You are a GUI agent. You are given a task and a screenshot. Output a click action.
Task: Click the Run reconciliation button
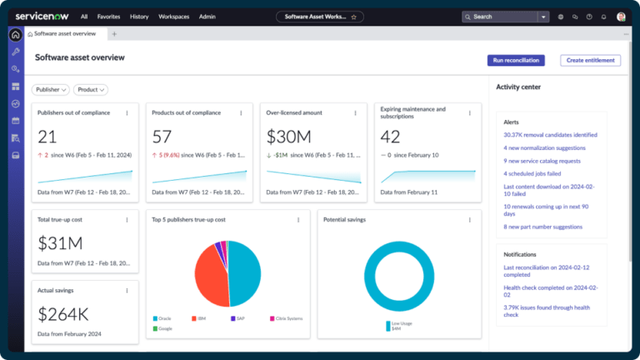(516, 60)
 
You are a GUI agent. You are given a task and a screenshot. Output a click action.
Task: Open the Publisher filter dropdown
(51, 89)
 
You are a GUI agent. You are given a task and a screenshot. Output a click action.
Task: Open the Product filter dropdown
(91, 89)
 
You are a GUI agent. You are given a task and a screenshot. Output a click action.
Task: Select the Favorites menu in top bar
(108, 16)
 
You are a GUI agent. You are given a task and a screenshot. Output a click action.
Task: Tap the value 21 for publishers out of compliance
(47, 137)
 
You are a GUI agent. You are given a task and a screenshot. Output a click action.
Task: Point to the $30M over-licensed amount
(288, 137)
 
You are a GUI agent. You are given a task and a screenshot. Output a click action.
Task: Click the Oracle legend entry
(164, 318)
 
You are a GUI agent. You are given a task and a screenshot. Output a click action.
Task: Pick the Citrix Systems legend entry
(287, 318)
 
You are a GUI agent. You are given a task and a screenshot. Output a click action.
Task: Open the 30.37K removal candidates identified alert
(550, 134)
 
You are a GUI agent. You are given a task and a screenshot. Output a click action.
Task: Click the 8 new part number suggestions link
(542, 227)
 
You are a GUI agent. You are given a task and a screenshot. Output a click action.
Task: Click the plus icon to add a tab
(114, 34)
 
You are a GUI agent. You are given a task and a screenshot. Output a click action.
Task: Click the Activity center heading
(519, 87)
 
